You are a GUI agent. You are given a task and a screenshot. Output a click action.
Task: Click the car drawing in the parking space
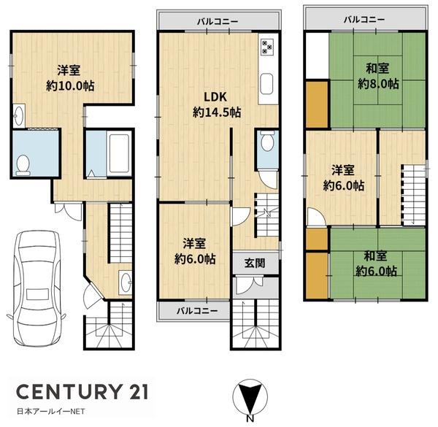click(36, 288)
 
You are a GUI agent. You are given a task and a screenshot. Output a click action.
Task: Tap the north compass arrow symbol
click(250, 396)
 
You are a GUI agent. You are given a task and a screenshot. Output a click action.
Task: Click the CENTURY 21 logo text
click(82, 391)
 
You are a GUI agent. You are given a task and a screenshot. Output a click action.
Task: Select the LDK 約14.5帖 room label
click(217, 105)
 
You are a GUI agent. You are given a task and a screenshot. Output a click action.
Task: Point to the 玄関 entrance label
click(255, 263)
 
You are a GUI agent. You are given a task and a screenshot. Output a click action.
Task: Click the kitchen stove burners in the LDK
click(267, 47)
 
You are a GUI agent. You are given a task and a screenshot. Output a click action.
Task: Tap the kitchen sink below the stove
click(266, 85)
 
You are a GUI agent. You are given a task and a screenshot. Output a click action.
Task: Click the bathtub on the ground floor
click(119, 153)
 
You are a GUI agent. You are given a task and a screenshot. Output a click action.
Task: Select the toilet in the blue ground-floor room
click(23, 166)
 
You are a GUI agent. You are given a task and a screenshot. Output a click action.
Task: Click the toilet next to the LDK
click(267, 141)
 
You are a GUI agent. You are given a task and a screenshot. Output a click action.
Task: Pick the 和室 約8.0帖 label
click(378, 76)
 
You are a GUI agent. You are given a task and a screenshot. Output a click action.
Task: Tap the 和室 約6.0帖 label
click(376, 263)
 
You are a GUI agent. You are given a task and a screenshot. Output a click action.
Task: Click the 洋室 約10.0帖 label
click(70, 78)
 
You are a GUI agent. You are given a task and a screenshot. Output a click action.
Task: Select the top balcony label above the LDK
click(218, 21)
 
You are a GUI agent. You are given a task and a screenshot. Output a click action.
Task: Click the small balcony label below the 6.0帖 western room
click(197, 310)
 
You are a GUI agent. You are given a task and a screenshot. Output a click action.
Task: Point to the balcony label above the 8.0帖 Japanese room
click(364, 19)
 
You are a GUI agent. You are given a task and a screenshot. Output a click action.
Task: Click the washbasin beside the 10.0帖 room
click(19, 116)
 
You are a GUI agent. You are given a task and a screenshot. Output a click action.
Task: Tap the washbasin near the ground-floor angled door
click(125, 282)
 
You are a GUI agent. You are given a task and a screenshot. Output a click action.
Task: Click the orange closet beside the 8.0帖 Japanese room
click(317, 104)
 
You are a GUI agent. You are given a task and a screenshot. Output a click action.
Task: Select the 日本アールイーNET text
click(50, 412)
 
